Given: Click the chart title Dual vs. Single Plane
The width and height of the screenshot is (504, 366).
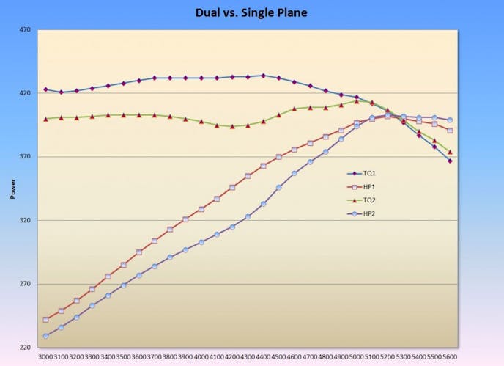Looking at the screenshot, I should (251, 12).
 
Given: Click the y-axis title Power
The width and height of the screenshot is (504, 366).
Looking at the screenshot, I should (12, 189).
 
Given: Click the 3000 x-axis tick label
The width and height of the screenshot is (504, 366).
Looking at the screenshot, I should (45, 356).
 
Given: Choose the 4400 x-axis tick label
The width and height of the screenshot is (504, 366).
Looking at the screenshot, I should (263, 356).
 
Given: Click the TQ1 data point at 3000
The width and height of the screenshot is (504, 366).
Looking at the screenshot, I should (45, 89).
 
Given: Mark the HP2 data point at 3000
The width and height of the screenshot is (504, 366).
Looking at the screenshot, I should (45, 336).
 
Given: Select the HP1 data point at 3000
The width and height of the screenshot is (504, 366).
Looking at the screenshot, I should (45, 320).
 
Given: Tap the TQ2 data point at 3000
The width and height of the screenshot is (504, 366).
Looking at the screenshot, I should (45, 118).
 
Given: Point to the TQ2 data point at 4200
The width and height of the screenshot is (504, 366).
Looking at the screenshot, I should (232, 126).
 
